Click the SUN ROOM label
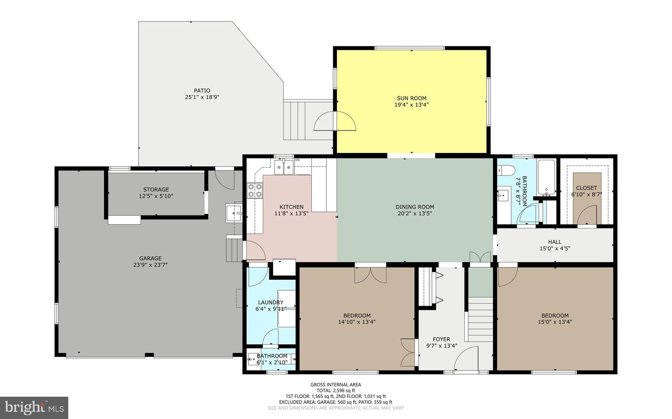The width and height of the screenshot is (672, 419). click(411, 98)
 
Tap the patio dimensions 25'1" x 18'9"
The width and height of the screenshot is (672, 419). click(202, 97)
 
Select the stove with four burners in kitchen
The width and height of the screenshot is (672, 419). click(254, 191)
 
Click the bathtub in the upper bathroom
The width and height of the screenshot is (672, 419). click(546, 177)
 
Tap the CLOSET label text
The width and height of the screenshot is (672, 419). click(586, 188)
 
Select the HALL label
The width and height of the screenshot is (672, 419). click(554, 242)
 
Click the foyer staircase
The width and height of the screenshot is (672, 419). click(480, 320)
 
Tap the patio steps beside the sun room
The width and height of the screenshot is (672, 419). click(297, 120)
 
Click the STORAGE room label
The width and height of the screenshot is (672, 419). click(156, 190)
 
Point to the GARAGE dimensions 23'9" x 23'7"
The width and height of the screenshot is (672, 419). click(150, 265)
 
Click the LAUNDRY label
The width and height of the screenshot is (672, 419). click(270, 302)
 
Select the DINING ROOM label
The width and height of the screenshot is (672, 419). click(414, 207)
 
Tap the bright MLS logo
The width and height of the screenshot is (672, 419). click(34, 408)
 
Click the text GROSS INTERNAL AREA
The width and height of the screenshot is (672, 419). click(336, 385)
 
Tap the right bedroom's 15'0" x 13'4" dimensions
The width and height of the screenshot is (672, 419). click(554, 322)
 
